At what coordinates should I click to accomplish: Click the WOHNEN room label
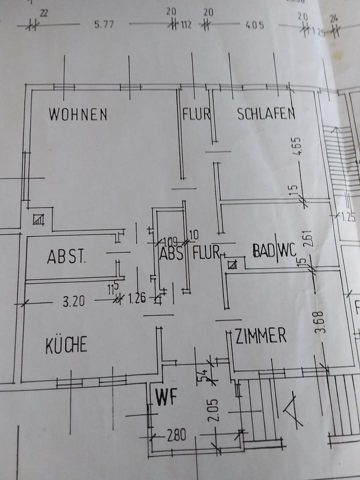[77, 114]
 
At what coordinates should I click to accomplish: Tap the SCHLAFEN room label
[265, 114]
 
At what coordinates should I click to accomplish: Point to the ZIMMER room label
[260, 335]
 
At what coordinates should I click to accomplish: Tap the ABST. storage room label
[66, 257]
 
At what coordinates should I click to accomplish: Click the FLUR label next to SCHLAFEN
[196, 114]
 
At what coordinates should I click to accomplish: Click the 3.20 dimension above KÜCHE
[73, 301]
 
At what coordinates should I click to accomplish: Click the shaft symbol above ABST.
[39, 219]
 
